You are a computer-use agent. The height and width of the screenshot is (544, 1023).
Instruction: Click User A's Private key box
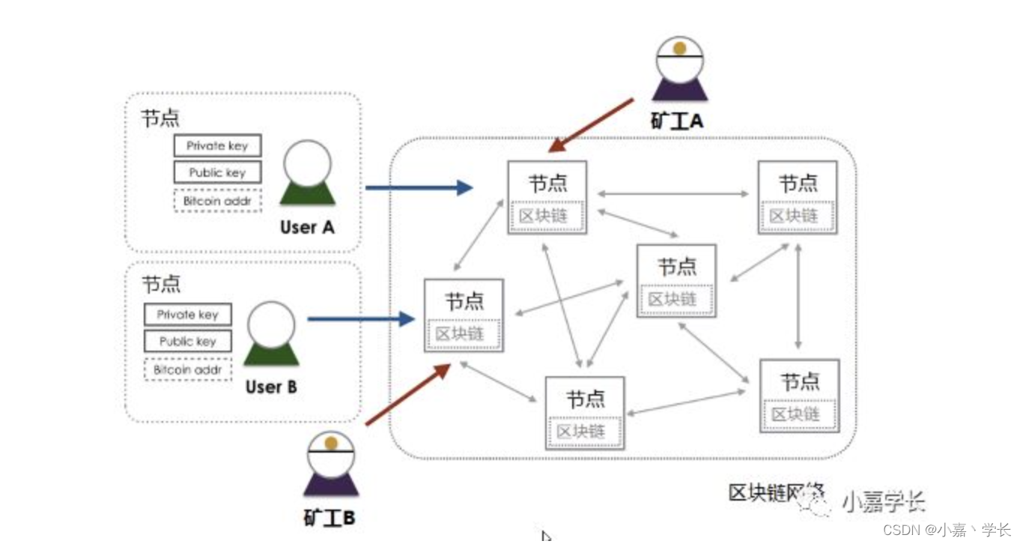[x=217, y=145]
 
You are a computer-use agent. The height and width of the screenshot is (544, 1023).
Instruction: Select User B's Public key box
[x=187, y=342]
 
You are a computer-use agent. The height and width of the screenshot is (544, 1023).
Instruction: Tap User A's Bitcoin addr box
[x=217, y=201]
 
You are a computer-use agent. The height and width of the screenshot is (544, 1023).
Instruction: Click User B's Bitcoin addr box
[x=187, y=369]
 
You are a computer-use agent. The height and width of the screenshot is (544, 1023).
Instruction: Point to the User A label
[x=307, y=227]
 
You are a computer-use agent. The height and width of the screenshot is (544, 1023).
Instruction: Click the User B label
[x=271, y=387]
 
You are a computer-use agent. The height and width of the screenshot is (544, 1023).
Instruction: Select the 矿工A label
[x=677, y=121]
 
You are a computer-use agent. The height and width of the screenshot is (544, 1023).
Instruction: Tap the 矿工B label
[x=330, y=517]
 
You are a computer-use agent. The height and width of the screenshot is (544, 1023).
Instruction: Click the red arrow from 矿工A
[x=592, y=124]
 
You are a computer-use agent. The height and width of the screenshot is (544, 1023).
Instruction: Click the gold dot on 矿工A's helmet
[x=680, y=48]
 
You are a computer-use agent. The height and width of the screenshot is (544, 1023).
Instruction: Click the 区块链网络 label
[x=776, y=493]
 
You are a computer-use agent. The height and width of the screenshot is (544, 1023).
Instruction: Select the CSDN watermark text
[x=947, y=530]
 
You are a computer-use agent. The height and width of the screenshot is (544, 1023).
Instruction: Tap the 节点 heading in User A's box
[x=160, y=118]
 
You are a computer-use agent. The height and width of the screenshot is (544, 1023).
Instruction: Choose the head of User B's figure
[x=271, y=323]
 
